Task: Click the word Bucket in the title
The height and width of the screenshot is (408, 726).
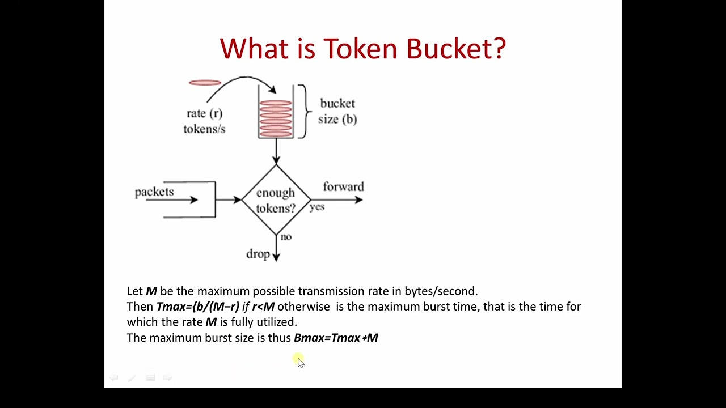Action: tap(455, 49)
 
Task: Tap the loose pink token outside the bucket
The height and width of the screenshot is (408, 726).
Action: tap(205, 83)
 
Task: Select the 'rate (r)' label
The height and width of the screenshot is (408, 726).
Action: tap(204, 113)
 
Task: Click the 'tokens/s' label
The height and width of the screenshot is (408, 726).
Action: tap(204, 129)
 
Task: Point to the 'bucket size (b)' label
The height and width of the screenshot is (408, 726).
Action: tap(337, 111)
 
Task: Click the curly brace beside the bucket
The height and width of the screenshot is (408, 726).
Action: tap(304, 111)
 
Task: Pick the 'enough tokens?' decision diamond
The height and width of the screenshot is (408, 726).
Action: tap(276, 200)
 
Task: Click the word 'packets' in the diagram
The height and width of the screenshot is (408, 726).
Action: tap(154, 192)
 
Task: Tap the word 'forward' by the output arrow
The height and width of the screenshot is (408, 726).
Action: tap(343, 187)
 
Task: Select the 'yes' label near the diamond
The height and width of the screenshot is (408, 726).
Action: tap(317, 207)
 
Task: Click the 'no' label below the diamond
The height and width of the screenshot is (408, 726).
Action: tap(286, 237)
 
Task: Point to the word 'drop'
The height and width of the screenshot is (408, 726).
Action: tap(258, 254)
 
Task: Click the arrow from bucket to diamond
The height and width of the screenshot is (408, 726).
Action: tap(276, 151)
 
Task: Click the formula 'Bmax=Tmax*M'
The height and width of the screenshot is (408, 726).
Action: tap(336, 338)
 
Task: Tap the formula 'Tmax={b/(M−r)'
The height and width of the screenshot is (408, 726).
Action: tap(198, 307)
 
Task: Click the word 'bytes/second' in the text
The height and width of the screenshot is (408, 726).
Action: tap(441, 291)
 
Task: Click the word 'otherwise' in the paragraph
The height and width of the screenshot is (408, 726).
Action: tap(303, 307)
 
